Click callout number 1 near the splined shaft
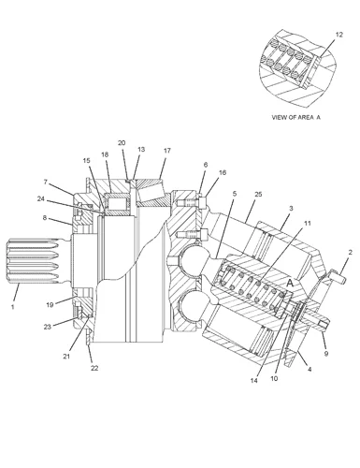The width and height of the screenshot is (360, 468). (13, 306)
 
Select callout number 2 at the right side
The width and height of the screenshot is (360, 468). (350, 252)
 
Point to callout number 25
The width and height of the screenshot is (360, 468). (257, 193)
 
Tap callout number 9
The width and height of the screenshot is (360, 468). (325, 354)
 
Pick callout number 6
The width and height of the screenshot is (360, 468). (205, 165)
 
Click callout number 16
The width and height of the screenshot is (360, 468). (222, 173)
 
